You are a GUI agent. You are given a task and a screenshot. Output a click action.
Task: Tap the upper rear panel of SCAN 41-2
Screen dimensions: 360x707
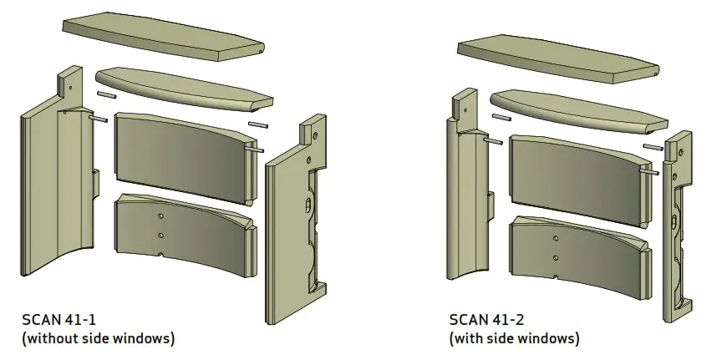tap(577, 178)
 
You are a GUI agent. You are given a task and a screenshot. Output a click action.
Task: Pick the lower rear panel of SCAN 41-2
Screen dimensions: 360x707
tap(577, 254)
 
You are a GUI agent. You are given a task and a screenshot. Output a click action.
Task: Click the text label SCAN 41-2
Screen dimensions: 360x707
tap(482, 320)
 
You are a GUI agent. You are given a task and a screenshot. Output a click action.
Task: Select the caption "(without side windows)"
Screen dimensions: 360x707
tap(99, 338)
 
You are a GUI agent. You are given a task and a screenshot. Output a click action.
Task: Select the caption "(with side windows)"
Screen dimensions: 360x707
tap(514, 338)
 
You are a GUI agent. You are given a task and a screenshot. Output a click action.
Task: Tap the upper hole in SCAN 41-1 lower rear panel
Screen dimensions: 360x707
tap(160, 215)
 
